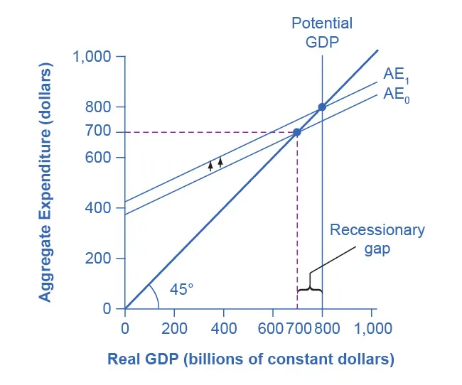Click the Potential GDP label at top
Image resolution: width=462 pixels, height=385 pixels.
(322, 32)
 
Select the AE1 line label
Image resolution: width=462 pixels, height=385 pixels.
(396, 74)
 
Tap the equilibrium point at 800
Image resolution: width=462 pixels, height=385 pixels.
(322, 107)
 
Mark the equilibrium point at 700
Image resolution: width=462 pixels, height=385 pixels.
(297, 132)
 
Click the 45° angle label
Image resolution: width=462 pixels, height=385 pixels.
(181, 289)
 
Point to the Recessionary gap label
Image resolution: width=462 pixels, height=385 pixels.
(377, 239)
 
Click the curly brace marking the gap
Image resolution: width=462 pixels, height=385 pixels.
(310, 289)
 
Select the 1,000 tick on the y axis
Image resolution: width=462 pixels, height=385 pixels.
(92, 57)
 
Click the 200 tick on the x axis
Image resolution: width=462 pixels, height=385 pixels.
(174, 329)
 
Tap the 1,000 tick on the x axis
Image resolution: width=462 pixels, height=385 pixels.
(373, 329)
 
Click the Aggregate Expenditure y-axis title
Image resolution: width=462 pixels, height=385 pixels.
(46, 182)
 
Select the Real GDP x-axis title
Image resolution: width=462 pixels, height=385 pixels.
(250, 359)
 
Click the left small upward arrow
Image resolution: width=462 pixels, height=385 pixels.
(210, 166)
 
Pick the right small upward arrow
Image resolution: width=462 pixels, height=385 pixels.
(220, 162)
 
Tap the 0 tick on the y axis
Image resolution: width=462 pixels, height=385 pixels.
(107, 309)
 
